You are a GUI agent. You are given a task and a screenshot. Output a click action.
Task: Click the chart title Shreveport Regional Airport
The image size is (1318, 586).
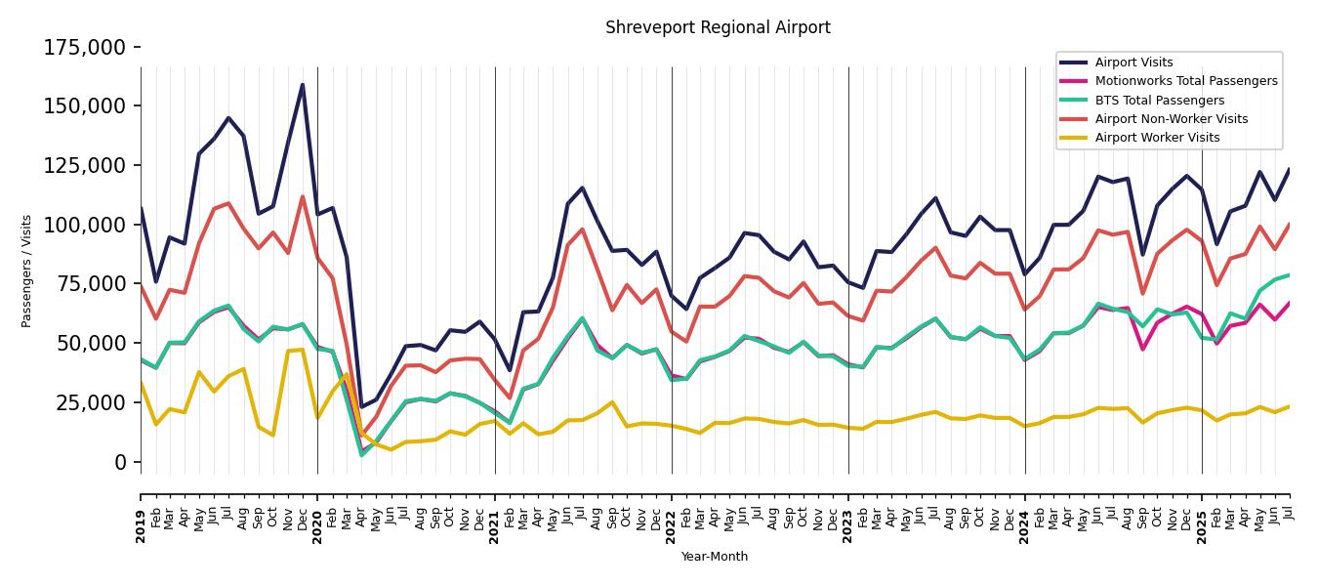[x=718, y=28]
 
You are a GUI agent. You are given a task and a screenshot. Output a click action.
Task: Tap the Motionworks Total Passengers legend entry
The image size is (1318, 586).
[x=1185, y=81]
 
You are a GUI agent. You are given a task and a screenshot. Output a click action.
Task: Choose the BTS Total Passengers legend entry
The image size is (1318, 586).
[x=1159, y=101]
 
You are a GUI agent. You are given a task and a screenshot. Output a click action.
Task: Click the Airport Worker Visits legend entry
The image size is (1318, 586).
[x=1157, y=138]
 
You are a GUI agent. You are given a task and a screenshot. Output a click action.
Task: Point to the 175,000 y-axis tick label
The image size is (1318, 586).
[x=85, y=47]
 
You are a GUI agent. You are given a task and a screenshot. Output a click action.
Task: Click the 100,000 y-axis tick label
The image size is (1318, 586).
[x=85, y=225]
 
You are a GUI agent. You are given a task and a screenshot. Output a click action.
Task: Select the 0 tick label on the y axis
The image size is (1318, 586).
[x=121, y=462]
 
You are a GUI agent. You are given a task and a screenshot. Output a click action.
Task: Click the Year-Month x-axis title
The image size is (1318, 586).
[x=715, y=557]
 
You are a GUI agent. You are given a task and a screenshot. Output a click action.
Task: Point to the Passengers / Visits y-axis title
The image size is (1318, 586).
[x=27, y=271]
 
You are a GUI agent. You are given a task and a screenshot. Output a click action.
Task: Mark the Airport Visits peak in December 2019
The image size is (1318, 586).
[x=303, y=85]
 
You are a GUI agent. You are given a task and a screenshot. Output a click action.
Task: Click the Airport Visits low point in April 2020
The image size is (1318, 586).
[x=361, y=407]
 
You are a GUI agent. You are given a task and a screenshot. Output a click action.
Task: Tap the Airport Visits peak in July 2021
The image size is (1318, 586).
[x=583, y=188]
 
